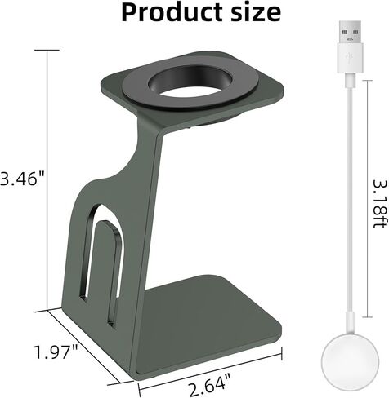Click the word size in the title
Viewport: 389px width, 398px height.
click(x=256, y=12)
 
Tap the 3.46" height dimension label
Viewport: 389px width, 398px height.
click(x=22, y=179)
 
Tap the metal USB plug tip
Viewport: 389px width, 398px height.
click(x=350, y=32)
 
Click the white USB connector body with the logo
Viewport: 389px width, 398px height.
click(x=350, y=58)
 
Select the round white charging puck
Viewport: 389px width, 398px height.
click(x=350, y=365)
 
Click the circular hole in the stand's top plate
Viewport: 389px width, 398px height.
click(x=190, y=81)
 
